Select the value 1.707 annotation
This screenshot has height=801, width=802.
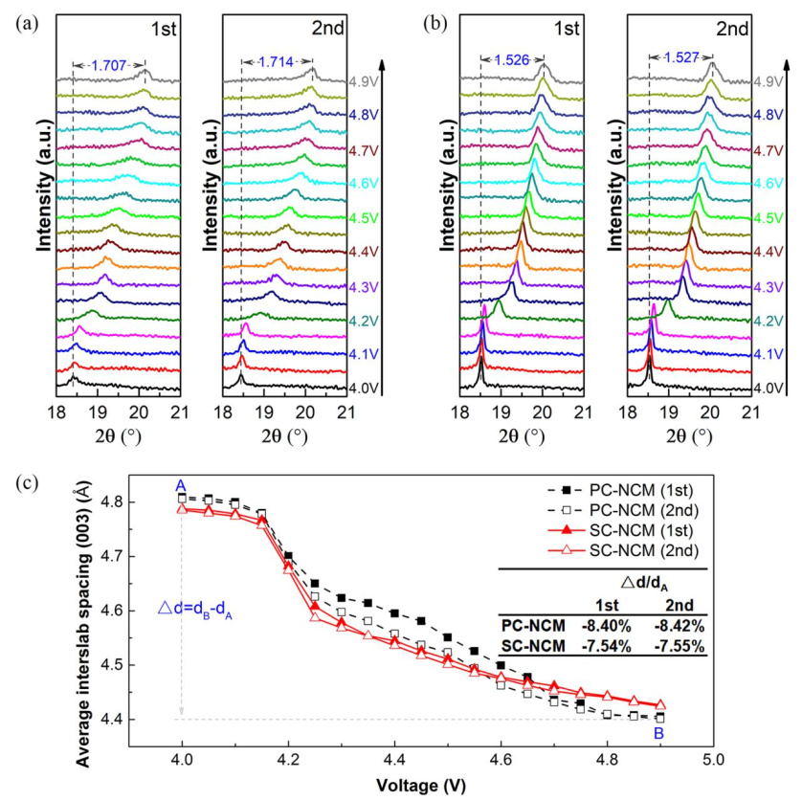click(x=108, y=66)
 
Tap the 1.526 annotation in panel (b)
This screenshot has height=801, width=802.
click(x=512, y=60)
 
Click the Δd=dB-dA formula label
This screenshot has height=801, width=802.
click(x=197, y=606)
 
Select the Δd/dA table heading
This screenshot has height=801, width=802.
click(x=643, y=582)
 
